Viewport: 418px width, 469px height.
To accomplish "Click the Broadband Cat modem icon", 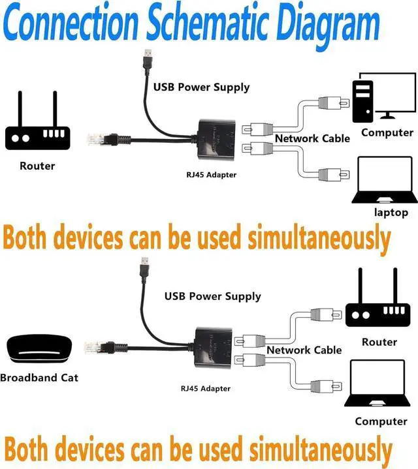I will point(40,349).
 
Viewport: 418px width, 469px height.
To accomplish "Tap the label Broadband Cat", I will point(39,378).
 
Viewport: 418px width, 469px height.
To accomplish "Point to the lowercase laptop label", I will point(391,212).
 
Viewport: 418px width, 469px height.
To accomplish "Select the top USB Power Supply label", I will point(201,87).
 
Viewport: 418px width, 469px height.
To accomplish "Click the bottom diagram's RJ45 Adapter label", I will point(206,389).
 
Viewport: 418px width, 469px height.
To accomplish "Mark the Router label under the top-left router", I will point(37,166).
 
